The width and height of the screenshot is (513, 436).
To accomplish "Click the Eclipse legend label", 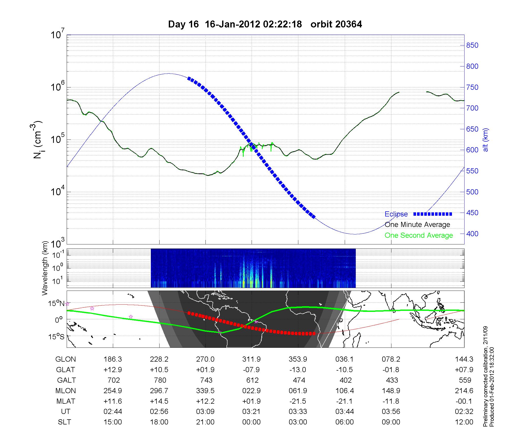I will tap(396, 214).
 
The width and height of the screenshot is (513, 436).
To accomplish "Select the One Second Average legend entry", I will tap(419, 235).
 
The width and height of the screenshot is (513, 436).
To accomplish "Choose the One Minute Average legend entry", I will tap(417, 225).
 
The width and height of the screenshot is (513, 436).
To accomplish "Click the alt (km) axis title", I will tap(486, 140).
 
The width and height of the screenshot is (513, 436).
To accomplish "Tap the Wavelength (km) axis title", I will tap(45, 268).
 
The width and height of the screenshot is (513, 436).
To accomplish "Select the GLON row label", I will tap(66, 359).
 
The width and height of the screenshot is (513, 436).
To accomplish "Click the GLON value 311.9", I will tap(251, 359).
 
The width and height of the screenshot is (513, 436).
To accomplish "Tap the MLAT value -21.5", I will tap(298, 401).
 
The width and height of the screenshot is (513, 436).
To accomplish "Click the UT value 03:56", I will tap(391, 412).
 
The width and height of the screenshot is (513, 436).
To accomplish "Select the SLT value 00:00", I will tap(251, 422).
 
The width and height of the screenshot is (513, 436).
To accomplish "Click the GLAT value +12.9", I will tap(113, 370).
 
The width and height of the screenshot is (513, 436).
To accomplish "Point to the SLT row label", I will tap(64, 422).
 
